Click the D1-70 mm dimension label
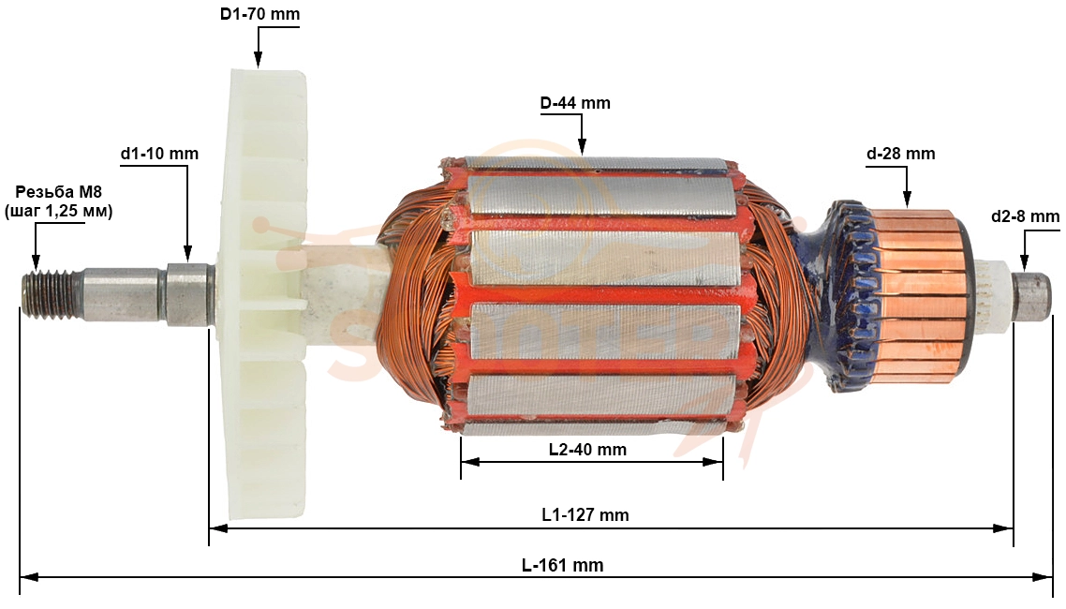click(x=259, y=14)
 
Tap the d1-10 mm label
click(x=160, y=154)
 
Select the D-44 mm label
click(x=575, y=103)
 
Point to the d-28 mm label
click(x=901, y=154)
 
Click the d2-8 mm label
click(x=1025, y=216)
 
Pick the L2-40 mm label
click(x=587, y=450)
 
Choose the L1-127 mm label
click(x=585, y=514)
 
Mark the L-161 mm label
click(x=563, y=565)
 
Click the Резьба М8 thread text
click(x=58, y=192)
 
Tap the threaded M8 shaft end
click(x=52, y=293)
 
